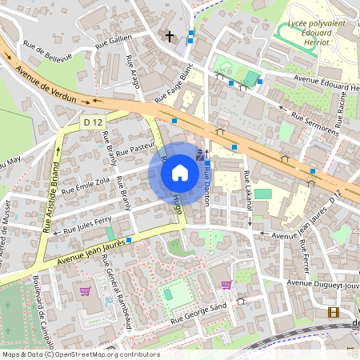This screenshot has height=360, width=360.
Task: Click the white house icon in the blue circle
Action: click(180, 172)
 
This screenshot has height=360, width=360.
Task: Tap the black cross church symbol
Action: click(169, 36)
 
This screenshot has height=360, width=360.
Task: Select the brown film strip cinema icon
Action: click(333, 312)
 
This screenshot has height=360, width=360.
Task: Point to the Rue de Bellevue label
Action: click(48, 51)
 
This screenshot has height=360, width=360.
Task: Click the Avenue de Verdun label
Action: click(46, 86)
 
